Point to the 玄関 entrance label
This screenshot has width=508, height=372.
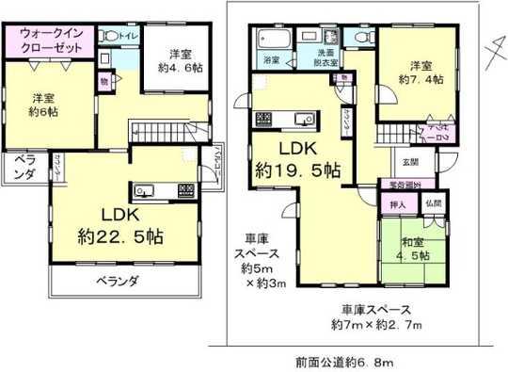click(x=402, y=161)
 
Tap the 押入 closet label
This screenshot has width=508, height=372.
click(x=398, y=204)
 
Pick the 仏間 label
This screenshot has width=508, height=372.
click(x=433, y=203)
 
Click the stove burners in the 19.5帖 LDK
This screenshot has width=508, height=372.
click(x=263, y=121)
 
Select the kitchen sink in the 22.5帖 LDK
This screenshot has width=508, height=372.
click(x=144, y=191)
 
